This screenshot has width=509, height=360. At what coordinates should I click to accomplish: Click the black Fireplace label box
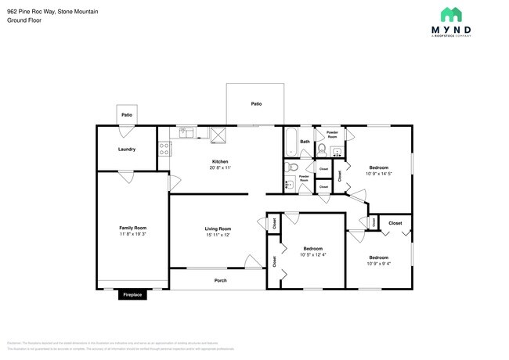(x=132, y=295)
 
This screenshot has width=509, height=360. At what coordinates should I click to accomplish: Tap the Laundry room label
(x=127, y=149)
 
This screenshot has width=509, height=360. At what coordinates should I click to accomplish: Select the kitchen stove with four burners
(x=164, y=147)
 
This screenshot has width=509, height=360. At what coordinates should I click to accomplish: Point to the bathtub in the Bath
(x=291, y=142)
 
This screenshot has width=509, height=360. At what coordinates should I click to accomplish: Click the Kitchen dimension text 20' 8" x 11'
(x=219, y=167)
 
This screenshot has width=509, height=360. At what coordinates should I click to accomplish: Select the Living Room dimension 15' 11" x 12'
(x=218, y=235)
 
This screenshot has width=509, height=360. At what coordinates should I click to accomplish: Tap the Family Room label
(x=132, y=228)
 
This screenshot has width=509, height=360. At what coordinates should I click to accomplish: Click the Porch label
(x=221, y=280)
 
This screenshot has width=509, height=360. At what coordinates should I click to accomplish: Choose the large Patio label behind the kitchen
(x=256, y=103)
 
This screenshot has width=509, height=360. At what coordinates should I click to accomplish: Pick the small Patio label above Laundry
(x=126, y=115)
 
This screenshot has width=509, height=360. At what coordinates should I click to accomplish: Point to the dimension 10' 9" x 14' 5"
(x=379, y=173)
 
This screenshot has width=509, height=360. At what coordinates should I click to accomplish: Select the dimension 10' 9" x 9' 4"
(x=379, y=264)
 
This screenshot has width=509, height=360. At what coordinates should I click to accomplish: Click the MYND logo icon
(x=450, y=14)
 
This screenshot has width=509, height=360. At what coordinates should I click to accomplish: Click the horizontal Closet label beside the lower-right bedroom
(x=395, y=223)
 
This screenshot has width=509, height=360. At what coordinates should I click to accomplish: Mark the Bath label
(x=305, y=142)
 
